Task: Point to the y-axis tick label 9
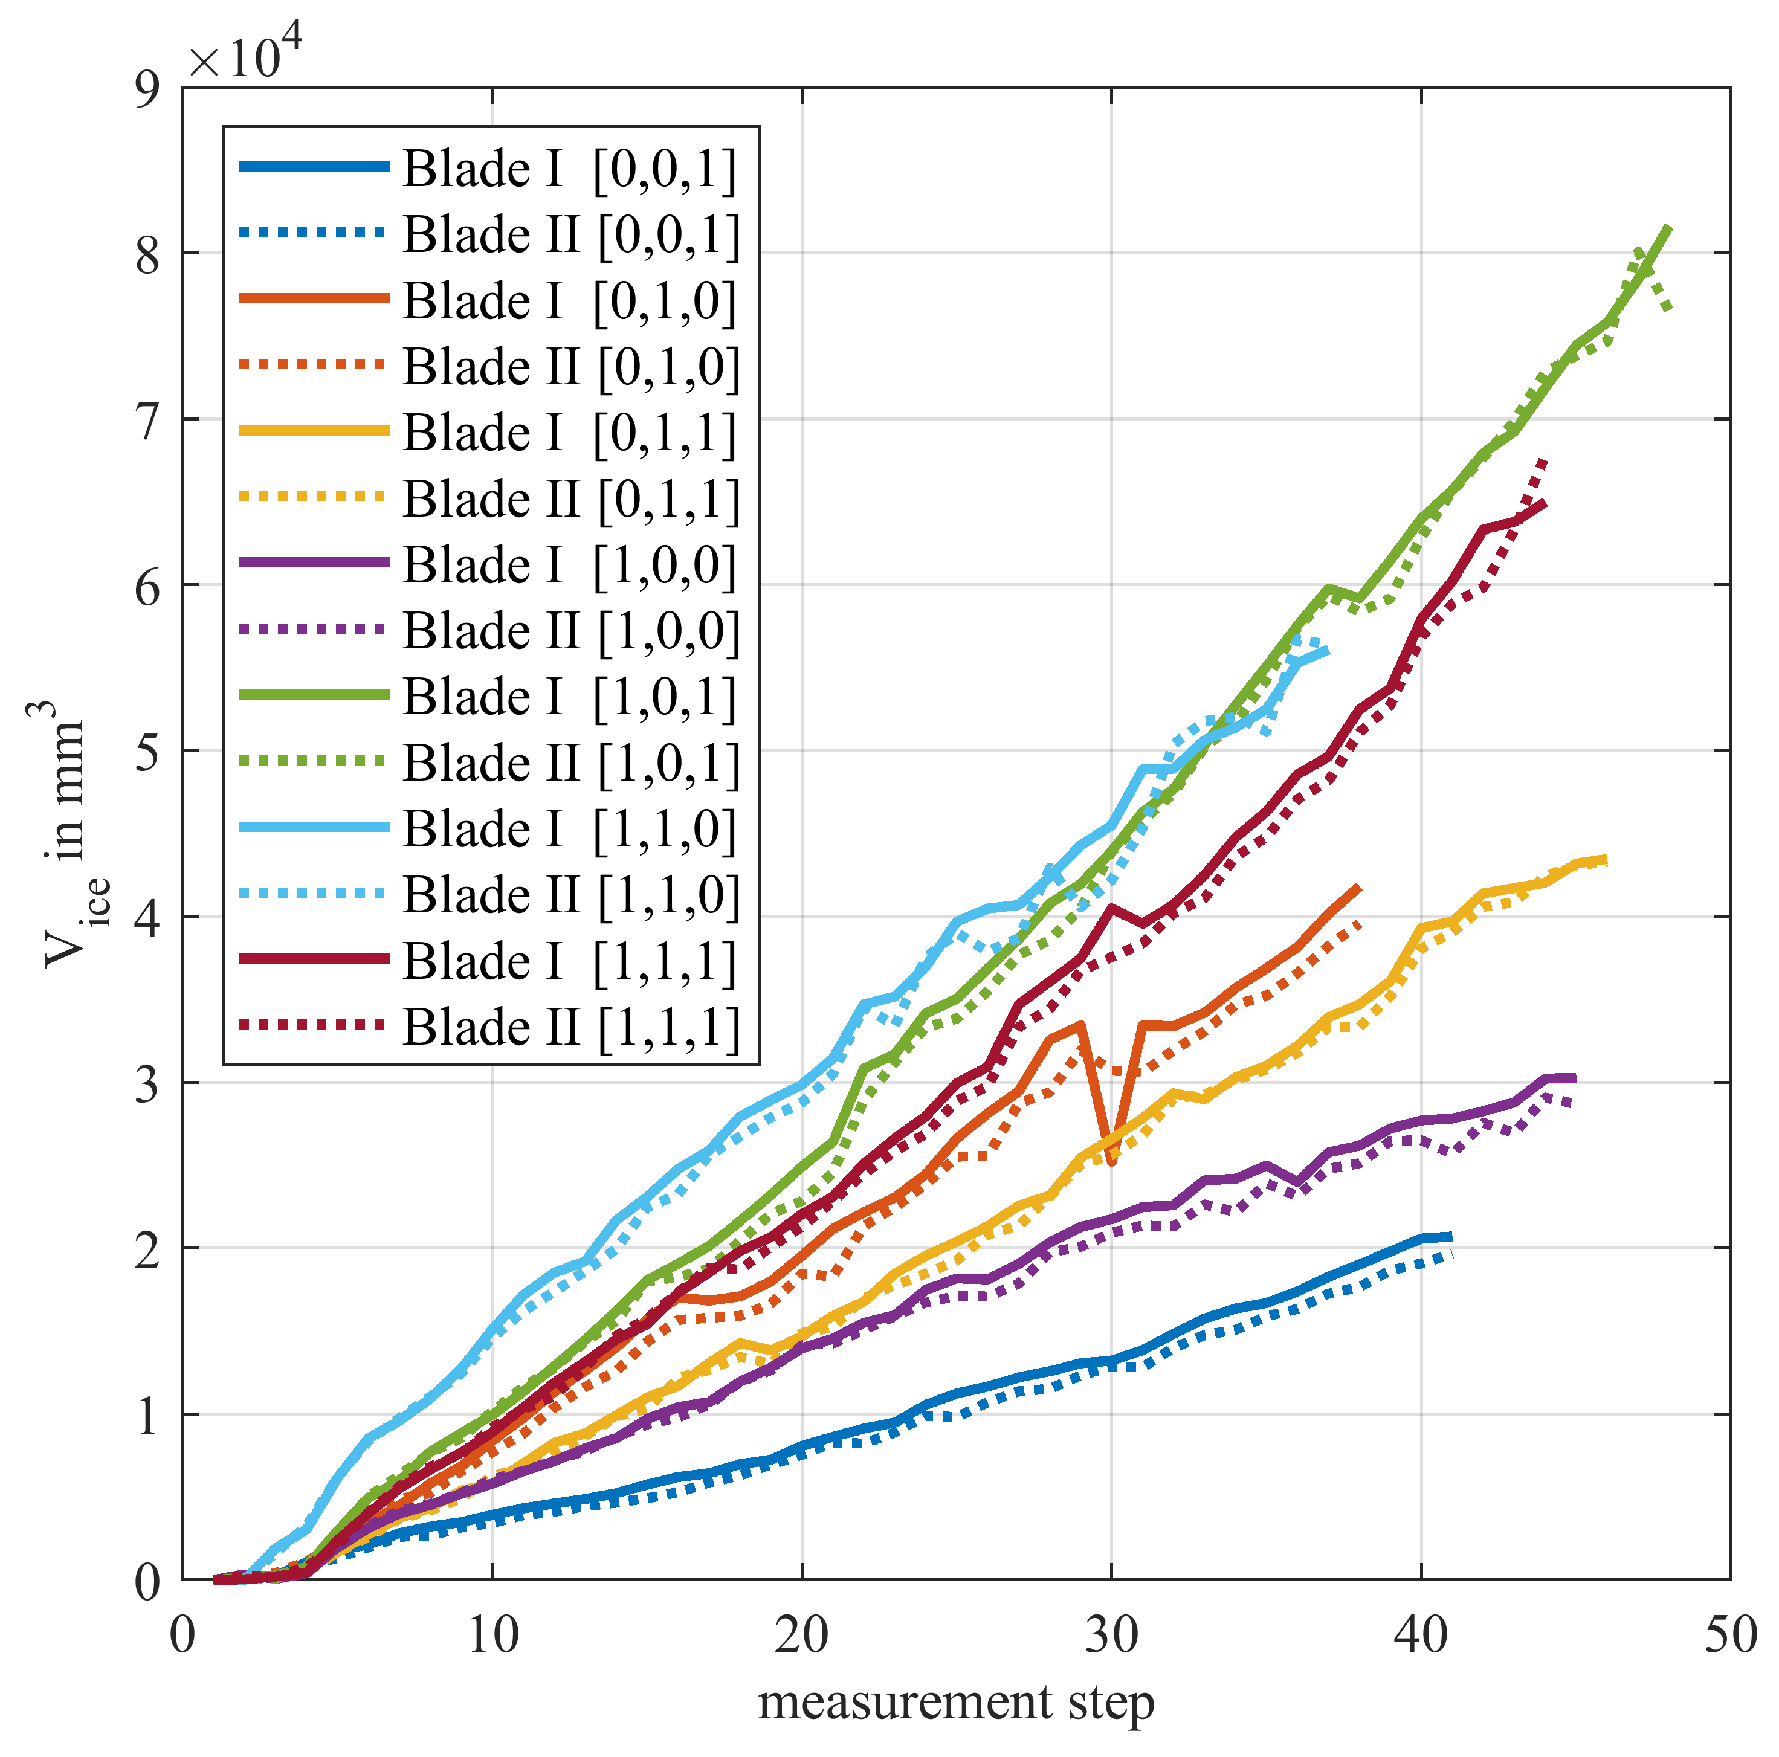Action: coord(147,89)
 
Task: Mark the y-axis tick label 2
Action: coord(147,1249)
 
